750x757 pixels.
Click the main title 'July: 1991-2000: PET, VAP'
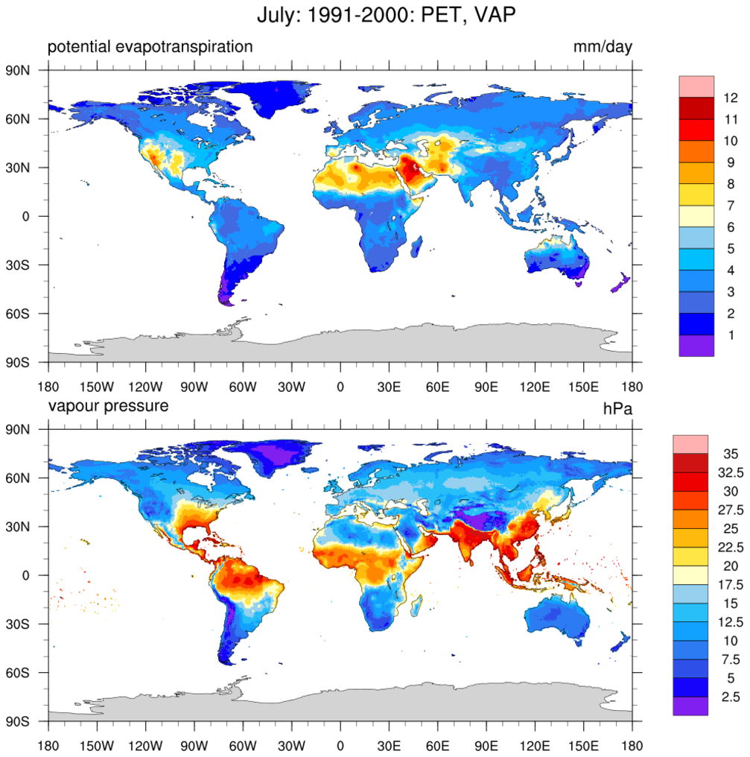pos(375,15)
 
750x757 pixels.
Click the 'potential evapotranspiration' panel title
pos(150,47)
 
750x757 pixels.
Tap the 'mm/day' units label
pos(602,48)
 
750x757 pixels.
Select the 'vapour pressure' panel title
pos(108,406)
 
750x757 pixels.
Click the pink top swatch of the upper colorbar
pos(696,86)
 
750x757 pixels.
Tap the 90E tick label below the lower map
pos(486,745)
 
